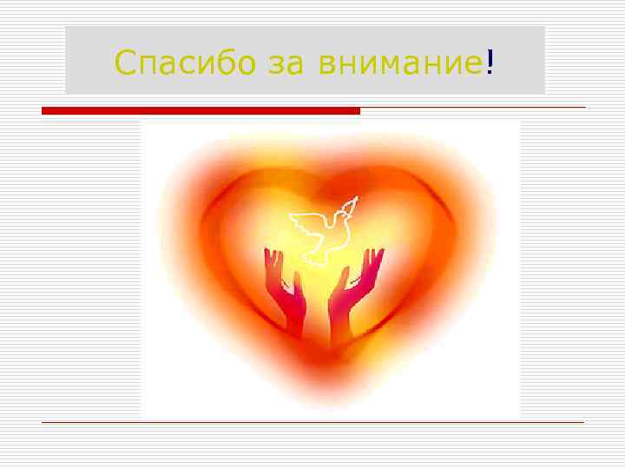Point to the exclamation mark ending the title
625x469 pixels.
point(490,62)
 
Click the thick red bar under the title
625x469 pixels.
point(201,111)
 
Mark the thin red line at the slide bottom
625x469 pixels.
point(312,422)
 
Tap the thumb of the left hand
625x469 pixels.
point(297,276)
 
